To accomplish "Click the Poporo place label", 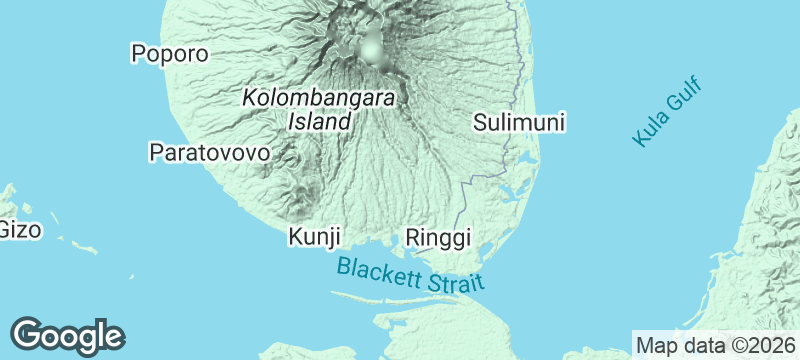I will click(x=170, y=54).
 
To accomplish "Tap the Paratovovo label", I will click(x=210, y=153).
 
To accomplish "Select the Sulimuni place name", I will click(x=519, y=123).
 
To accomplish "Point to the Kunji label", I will click(x=315, y=237).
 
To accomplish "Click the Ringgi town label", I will click(x=438, y=237).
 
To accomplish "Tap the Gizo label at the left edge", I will click(x=19, y=230).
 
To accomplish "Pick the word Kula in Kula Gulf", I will click(x=650, y=131).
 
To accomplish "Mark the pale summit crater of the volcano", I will click(x=372, y=47).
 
